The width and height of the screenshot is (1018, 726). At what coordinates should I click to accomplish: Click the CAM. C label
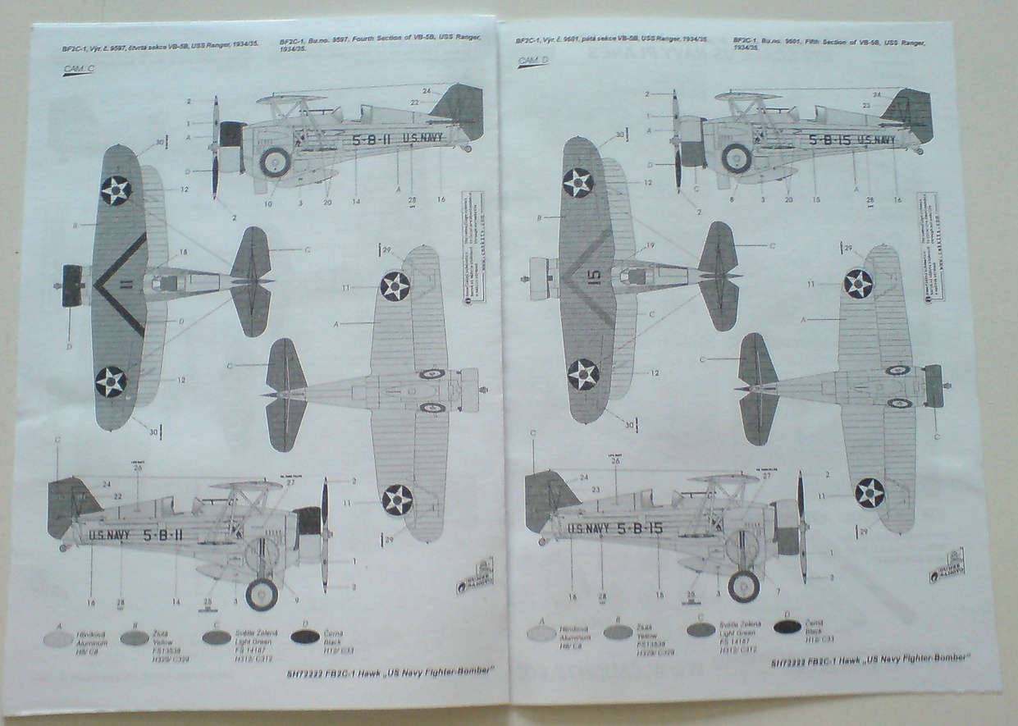(78, 69)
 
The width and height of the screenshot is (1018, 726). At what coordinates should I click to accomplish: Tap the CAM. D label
(532, 60)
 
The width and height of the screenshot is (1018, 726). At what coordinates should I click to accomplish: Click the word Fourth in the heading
(366, 40)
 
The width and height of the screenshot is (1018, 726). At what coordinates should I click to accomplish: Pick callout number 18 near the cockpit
(183, 253)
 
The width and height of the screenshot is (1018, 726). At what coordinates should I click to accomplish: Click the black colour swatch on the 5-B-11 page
(304, 636)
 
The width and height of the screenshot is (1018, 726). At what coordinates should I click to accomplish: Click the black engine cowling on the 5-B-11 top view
(71, 286)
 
